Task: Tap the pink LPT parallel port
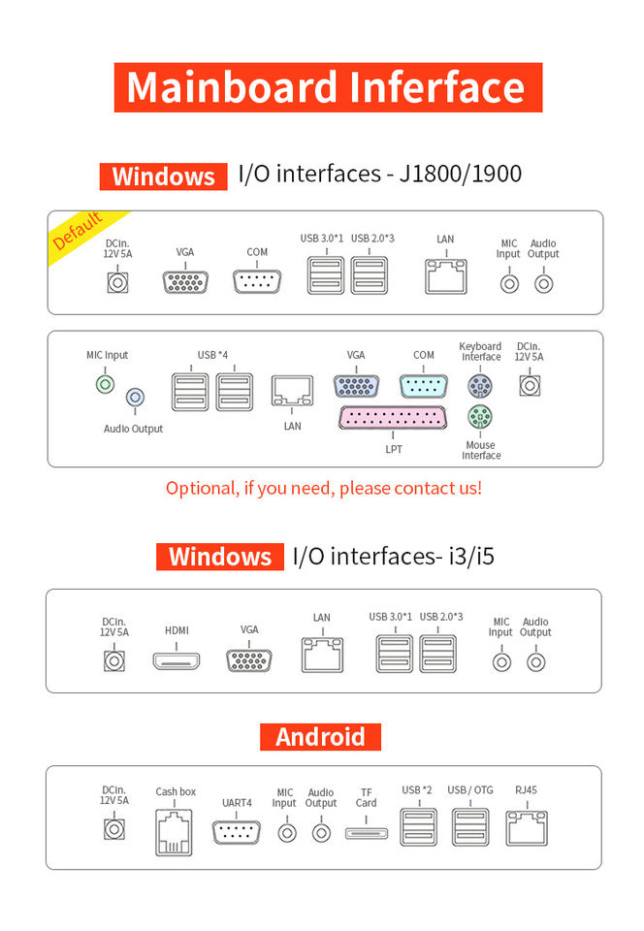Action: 393,419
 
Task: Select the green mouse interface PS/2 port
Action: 477,418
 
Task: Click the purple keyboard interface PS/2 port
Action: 477,386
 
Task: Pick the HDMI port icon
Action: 177,662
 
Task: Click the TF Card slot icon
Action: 366,832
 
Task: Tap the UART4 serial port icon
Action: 236,832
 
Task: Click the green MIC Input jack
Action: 106,385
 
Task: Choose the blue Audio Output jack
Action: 136,397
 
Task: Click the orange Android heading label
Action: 320,737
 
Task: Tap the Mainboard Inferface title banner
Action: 328,86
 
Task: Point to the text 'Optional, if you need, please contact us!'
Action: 323,488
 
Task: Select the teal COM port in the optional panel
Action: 423,385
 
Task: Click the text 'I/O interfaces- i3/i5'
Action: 393,557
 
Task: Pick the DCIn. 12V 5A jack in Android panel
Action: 114,832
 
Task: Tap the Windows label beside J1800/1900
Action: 163,177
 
